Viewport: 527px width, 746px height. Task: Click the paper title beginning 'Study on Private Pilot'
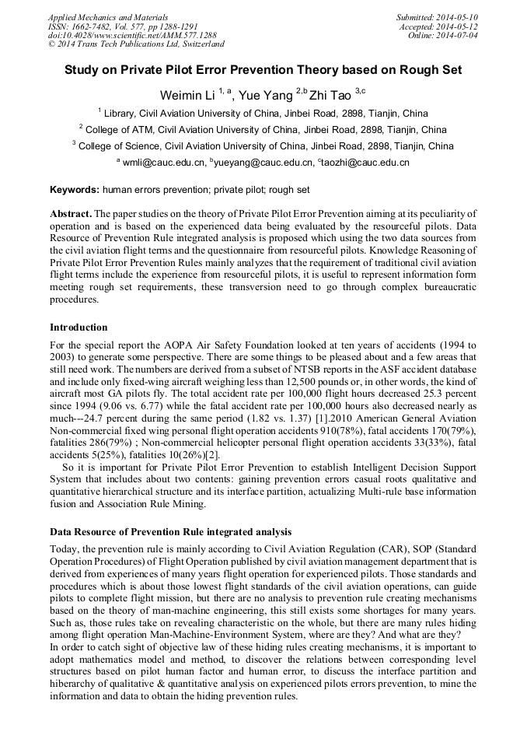[263, 70]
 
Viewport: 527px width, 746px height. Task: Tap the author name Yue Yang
[255, 95]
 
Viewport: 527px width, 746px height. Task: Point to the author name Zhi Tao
[330, 95]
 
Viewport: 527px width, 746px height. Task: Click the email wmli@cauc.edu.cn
[163, 163]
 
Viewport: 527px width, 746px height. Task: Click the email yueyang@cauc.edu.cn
[262, 163]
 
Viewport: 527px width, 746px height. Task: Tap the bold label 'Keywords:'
[75, 190]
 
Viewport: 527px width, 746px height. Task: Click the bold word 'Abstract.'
[71, 214]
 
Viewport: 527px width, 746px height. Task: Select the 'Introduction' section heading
[79, 327]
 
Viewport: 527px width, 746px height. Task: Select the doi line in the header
[131, 36]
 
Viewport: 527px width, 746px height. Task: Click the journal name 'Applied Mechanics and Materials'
[107, 17]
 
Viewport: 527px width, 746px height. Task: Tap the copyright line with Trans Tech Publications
[136, 45]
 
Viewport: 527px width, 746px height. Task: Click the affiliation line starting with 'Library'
[263, 113]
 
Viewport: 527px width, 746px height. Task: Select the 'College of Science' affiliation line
[263, 145]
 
